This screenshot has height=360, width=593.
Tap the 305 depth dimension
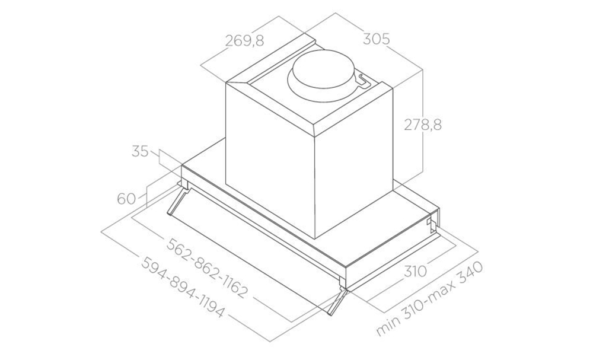coord(376,39)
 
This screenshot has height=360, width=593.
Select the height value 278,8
coord(423,125)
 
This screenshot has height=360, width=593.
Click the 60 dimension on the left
coord(126,198)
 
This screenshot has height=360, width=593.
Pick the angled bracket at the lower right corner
coord(336,300)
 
